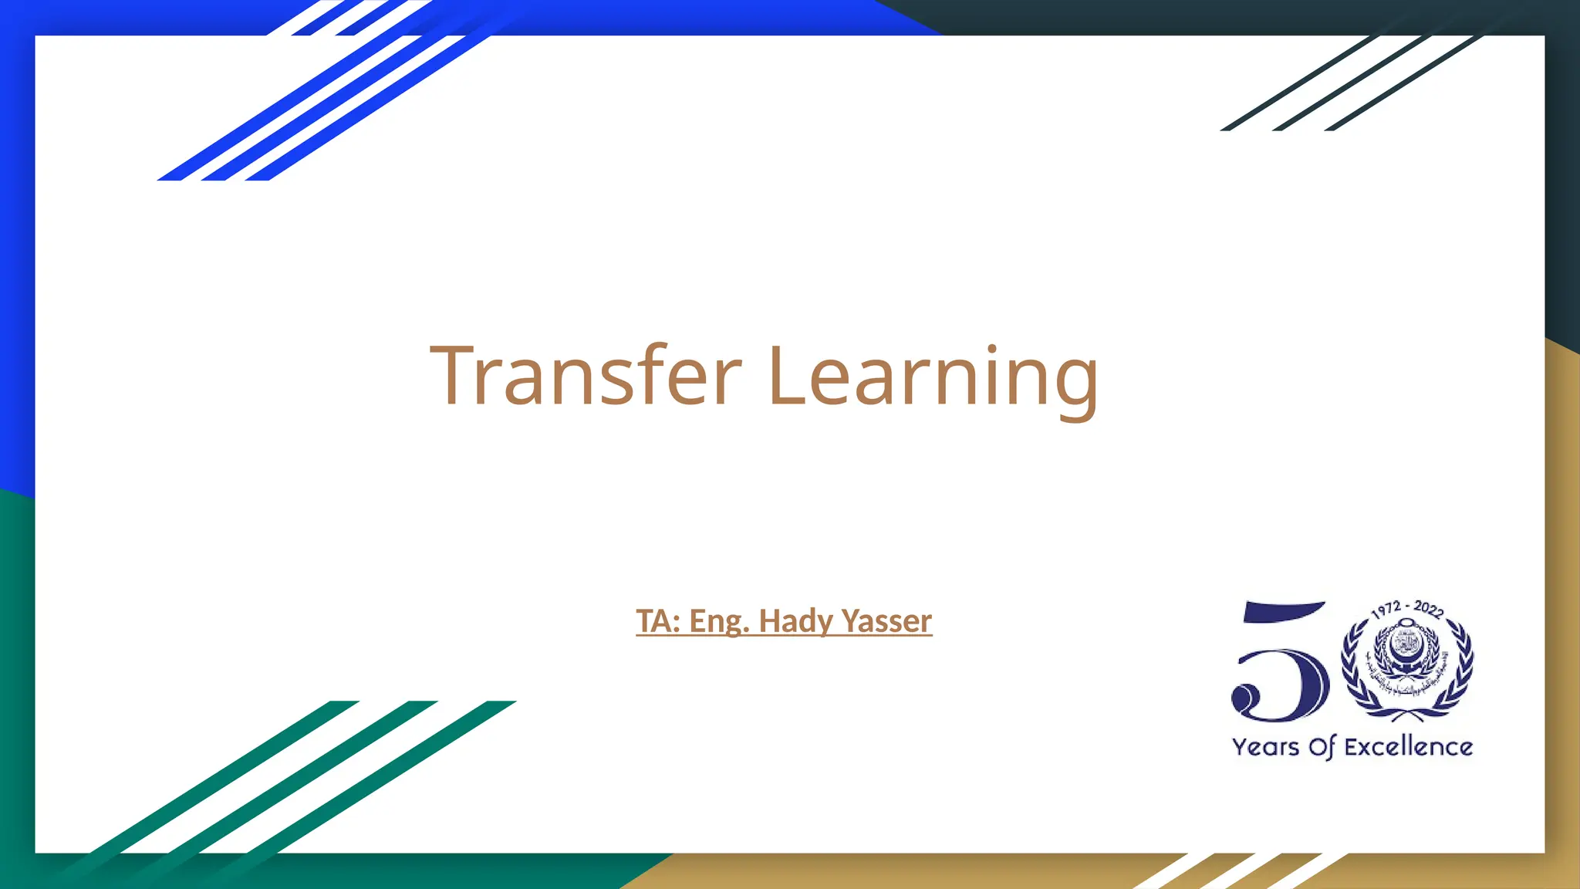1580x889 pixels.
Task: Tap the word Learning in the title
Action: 933,376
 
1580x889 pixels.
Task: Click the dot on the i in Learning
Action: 991,349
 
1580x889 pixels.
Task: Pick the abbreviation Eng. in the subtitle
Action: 719,621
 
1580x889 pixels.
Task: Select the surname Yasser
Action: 886,621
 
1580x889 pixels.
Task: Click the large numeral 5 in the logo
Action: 1281,664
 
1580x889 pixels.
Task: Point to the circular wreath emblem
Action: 1407,664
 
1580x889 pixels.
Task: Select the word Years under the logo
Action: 1265,747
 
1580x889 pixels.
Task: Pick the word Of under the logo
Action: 1322,747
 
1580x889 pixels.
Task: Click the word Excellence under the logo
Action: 1408,747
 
